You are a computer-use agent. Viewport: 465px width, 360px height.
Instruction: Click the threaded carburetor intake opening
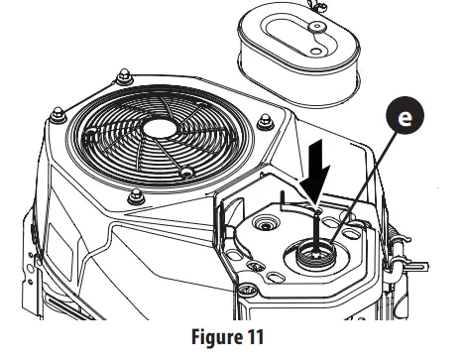[315, 261]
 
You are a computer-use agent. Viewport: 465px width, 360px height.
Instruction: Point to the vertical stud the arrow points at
[315, 228]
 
